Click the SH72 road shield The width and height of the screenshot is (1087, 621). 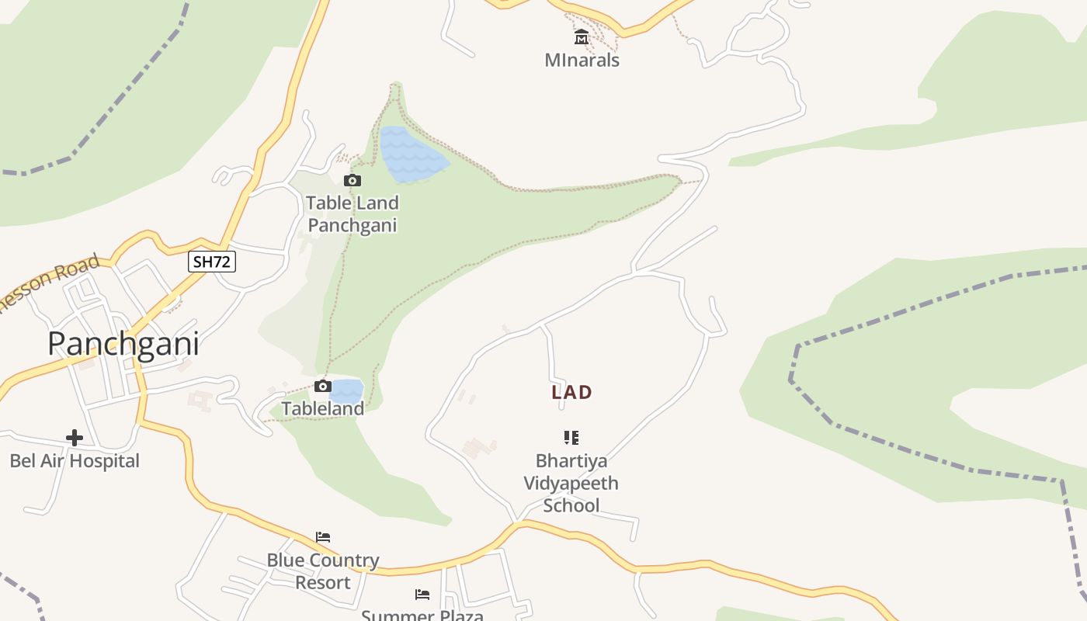pyautogui.click(x=211, y=262)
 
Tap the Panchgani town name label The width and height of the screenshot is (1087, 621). pyautogui.click(x=123, y=344)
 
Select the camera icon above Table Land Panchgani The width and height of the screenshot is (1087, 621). pyautogui.click(x=352, y=181)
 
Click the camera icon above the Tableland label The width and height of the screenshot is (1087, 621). pyautogui.click(x=323, y=387)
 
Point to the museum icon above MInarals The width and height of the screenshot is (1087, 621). pyautogui.click(x=582, y=37)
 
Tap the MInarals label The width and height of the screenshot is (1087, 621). pyautogui.click(x=582, y=60)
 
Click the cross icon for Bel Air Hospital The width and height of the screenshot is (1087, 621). pyautogui.click(x=75, y=439)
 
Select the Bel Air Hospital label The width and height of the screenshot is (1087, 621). pyautogui.click(x=75, y=461)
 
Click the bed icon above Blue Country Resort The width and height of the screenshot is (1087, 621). pyautogui.click(x=323, y=537)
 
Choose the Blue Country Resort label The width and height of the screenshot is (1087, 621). pyautogui.click(x=323, y=571)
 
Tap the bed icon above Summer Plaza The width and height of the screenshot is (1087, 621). pyautogui.click(x=422, y=595)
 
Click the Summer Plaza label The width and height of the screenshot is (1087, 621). pyautogui.click(x=422, y=615)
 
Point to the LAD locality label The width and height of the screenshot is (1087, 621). pyautogui.click(x=571, y=393)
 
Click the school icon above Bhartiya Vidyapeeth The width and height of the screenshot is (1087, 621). pyautogui.click(x=571, y=438)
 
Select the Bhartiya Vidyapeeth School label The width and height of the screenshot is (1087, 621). pyautogui.click(x=571, y=483)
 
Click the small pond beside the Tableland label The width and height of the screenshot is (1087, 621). pyautogui.click(x=347, y=390)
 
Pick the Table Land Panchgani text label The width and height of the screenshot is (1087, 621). pyautogui.click(x=352, y=214)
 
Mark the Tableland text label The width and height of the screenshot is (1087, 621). pyautogui.click(x=323, y=409)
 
